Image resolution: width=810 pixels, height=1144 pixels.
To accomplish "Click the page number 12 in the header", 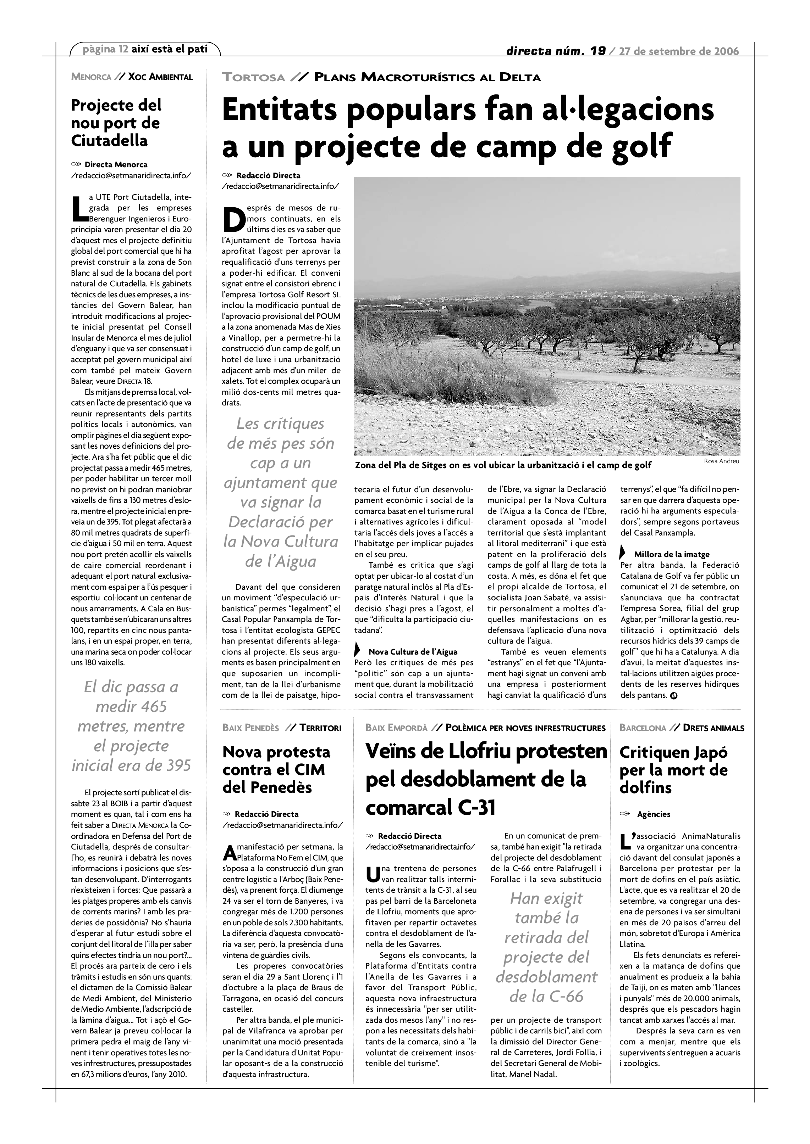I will pos(123,49).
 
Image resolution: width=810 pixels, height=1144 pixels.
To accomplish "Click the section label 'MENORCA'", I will pos(91,77).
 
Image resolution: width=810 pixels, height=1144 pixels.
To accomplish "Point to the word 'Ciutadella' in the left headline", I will pos(109,141).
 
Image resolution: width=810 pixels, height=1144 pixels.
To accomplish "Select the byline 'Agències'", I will pos(654,814).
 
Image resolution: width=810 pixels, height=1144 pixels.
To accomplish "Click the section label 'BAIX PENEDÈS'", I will pos(250,728).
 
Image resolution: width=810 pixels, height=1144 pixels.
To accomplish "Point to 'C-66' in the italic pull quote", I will pos(566,997).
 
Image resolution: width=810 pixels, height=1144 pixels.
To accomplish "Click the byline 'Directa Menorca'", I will pos(116,164).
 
